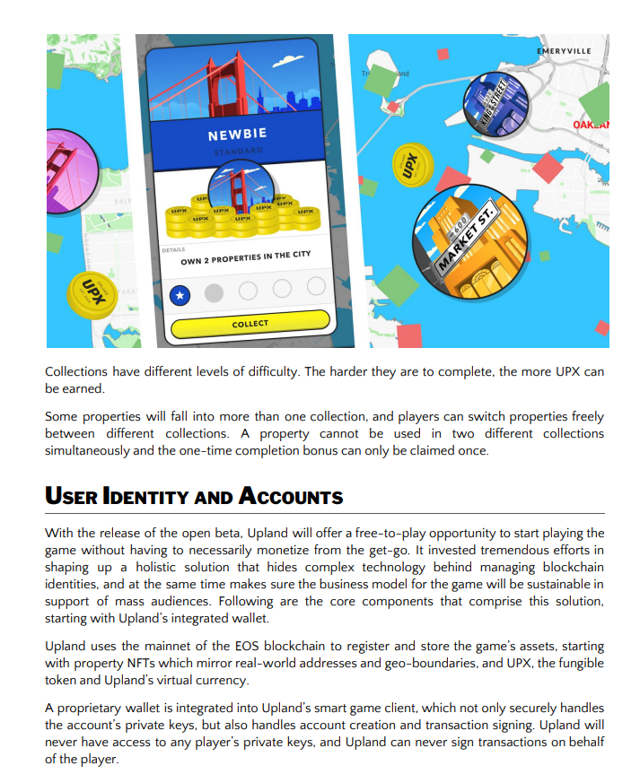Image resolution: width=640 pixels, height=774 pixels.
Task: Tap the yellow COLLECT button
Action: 250,324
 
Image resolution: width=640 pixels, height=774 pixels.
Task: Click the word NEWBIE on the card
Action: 237,135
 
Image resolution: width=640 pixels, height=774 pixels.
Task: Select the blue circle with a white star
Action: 180,292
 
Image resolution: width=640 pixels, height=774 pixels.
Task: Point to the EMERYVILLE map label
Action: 564,51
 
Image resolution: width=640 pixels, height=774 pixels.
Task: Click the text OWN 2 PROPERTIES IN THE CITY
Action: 245,257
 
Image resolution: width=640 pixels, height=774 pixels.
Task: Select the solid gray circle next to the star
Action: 214,292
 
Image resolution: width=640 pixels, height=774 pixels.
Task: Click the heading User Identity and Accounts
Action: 194,496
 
